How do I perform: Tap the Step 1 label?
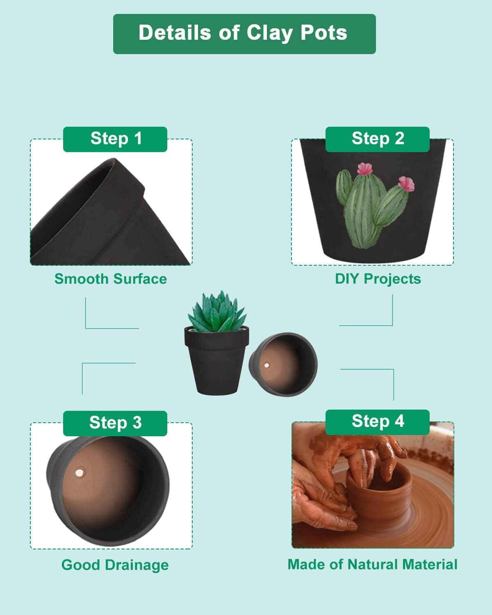pos(115,139)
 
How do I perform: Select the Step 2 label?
pos(378,139)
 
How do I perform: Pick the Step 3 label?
pos(115,423)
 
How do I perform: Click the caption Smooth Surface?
pos(111,279)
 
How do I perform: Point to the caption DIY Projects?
pos(378,279)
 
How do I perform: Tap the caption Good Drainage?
pos(115,565)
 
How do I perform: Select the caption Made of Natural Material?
pos(372,565)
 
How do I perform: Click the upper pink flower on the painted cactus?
pos(364,169)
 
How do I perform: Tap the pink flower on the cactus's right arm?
pos(406,183)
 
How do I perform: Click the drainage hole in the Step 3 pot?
pos(79,473)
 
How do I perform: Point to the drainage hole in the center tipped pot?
pos(267,365)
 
